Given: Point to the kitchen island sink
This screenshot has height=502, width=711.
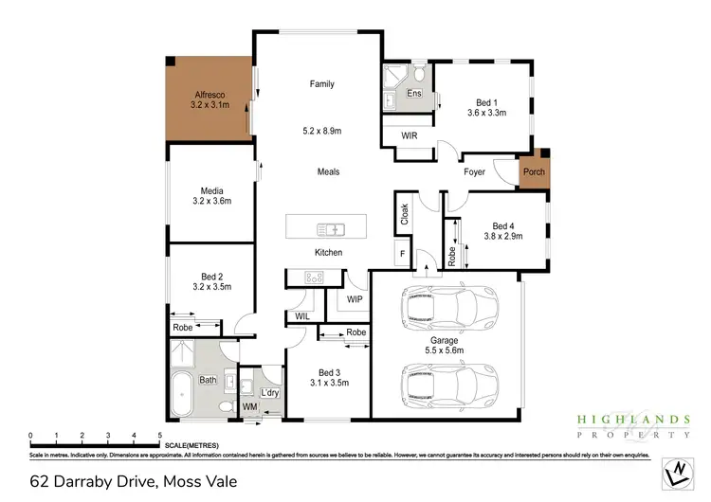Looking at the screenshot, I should click(329, 228).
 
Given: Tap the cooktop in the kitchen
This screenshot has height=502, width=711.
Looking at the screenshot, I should click(313, 277).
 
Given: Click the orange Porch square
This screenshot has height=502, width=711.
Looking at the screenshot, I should click(533, 171).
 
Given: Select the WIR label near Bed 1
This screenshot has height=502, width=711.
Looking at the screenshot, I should click(410, 136).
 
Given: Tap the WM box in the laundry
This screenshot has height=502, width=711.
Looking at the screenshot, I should click(250, 406).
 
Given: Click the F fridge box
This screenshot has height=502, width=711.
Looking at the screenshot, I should click(402, 253).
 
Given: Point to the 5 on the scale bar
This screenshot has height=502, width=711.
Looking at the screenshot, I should click(159, 436).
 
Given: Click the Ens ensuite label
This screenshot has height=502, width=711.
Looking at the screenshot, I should click(414, 94).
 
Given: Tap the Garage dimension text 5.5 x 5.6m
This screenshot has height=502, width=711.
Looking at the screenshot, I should click(445, 350).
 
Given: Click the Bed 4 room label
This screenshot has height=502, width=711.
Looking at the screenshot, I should click(503, 226).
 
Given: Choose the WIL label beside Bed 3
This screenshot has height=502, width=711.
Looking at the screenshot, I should click(302, 316).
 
